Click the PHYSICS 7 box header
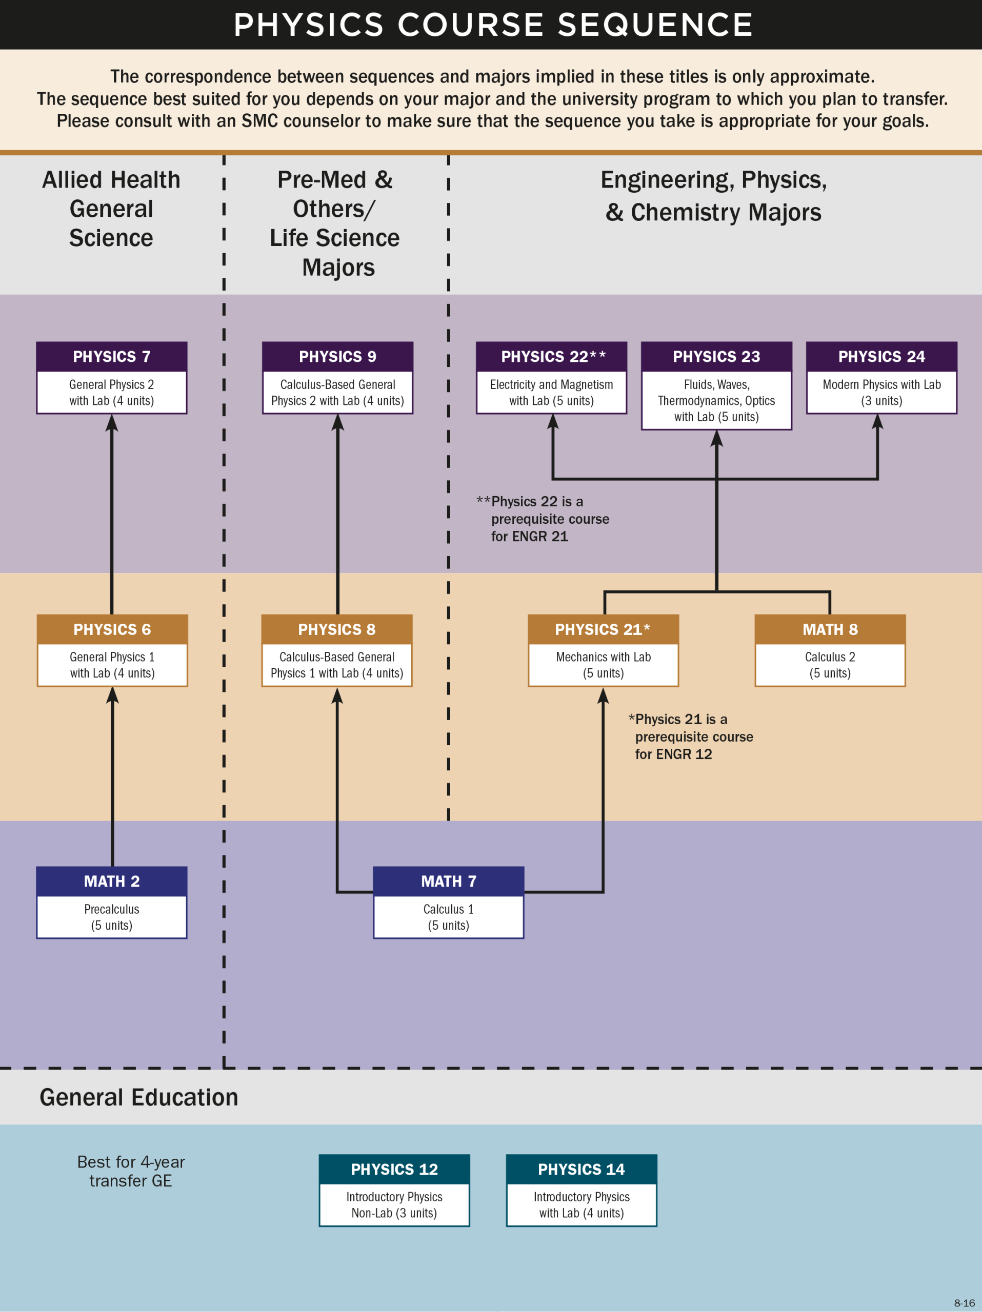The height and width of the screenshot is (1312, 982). click(112, 357)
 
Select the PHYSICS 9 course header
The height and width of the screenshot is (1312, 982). click(337, 357)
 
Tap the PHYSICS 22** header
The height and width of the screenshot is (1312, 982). click(552, 357)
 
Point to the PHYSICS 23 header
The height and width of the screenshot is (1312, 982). click(716, 357)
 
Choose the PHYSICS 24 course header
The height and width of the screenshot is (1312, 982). click(881, 357)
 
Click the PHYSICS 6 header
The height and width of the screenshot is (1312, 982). click(112, 629)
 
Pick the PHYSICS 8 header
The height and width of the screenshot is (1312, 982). click(336, 629)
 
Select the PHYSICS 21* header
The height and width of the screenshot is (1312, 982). click(603, 629)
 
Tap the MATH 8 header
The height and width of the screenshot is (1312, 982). click(830, 629)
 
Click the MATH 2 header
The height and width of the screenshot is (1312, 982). click(112, 881)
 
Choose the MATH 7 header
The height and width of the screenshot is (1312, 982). click(448, 881)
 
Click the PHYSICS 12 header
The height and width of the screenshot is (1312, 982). click(394, 1169)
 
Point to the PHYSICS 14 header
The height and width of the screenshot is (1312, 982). click(581, 1169)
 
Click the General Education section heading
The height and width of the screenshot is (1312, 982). click(139, 1097)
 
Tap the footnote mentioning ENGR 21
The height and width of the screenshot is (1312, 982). click(544, 519)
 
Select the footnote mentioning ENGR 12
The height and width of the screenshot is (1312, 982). click(691, 736)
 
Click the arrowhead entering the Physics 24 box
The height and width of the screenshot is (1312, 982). click(877, 422)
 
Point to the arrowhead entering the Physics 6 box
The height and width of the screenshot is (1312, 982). click(112, 695)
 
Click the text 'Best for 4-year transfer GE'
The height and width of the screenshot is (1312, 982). click(131, 1171)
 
